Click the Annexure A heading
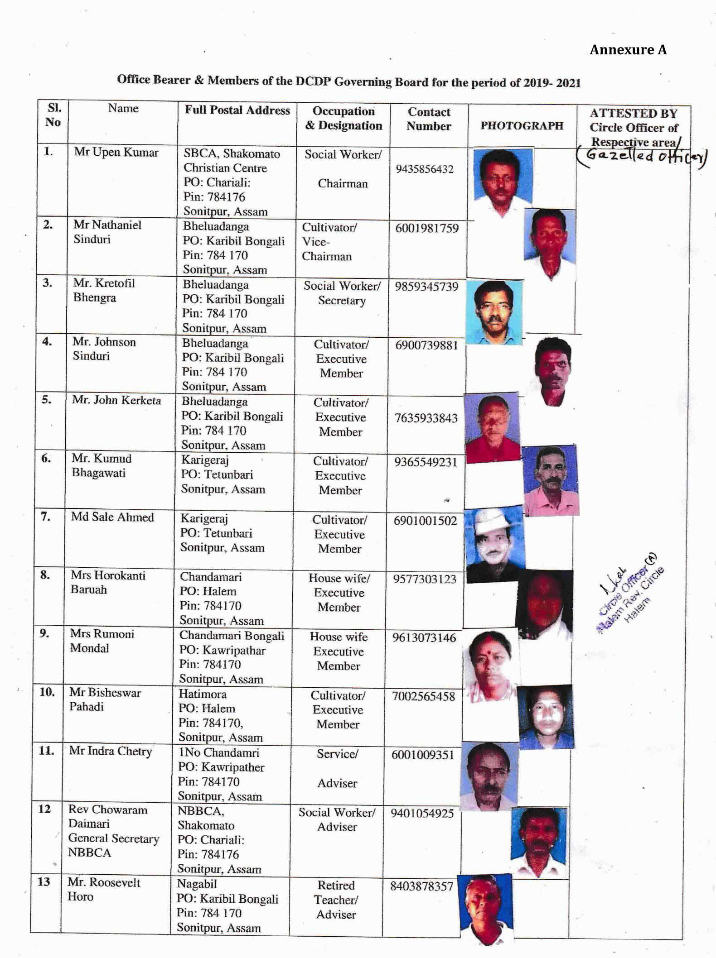[x=628, y=50]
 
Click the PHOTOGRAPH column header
[x=522, y=126]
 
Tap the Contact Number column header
[x=429, y=119]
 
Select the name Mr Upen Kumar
[x=116, y=152]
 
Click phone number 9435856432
[x=425, y=169]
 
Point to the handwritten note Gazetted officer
[x=642, y=156]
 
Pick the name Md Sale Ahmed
[x=112, y=517]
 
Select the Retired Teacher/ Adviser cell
[x=336, y=900]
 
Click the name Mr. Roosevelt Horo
[x=104, y=889]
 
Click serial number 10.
[x=47, y=692]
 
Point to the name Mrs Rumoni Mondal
[x=102, y=641]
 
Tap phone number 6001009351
[x=423, y=755]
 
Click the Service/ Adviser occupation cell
[x=337, y=768]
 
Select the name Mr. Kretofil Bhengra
[x=104, y=290]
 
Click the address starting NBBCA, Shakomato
[x=219, y=840]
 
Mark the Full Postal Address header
[x=237, y=110]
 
